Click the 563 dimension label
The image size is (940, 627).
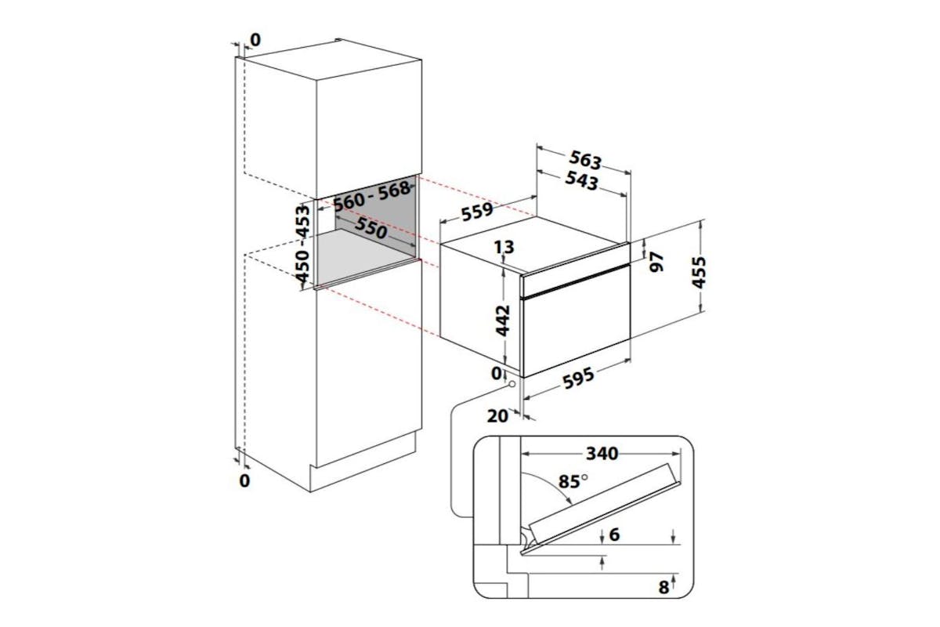[585, 160]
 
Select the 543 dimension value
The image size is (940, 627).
[581, 180]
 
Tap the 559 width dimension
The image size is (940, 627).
[477, 212]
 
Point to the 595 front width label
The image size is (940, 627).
[579, 378]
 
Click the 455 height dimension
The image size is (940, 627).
[699, 273]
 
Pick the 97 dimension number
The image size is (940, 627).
[656, 262]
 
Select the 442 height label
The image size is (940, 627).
[503, 321]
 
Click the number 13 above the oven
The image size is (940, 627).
[504, 248]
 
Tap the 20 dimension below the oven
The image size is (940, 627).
[497, 415]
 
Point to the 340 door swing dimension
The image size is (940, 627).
[602, 454]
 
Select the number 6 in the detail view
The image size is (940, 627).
[614, 535]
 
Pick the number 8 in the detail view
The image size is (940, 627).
[663, 587]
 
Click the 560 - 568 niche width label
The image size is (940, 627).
[372, 196]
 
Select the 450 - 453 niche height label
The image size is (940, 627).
[302, 243]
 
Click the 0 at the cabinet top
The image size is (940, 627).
[255, 40]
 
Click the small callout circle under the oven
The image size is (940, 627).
[512, 384]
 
